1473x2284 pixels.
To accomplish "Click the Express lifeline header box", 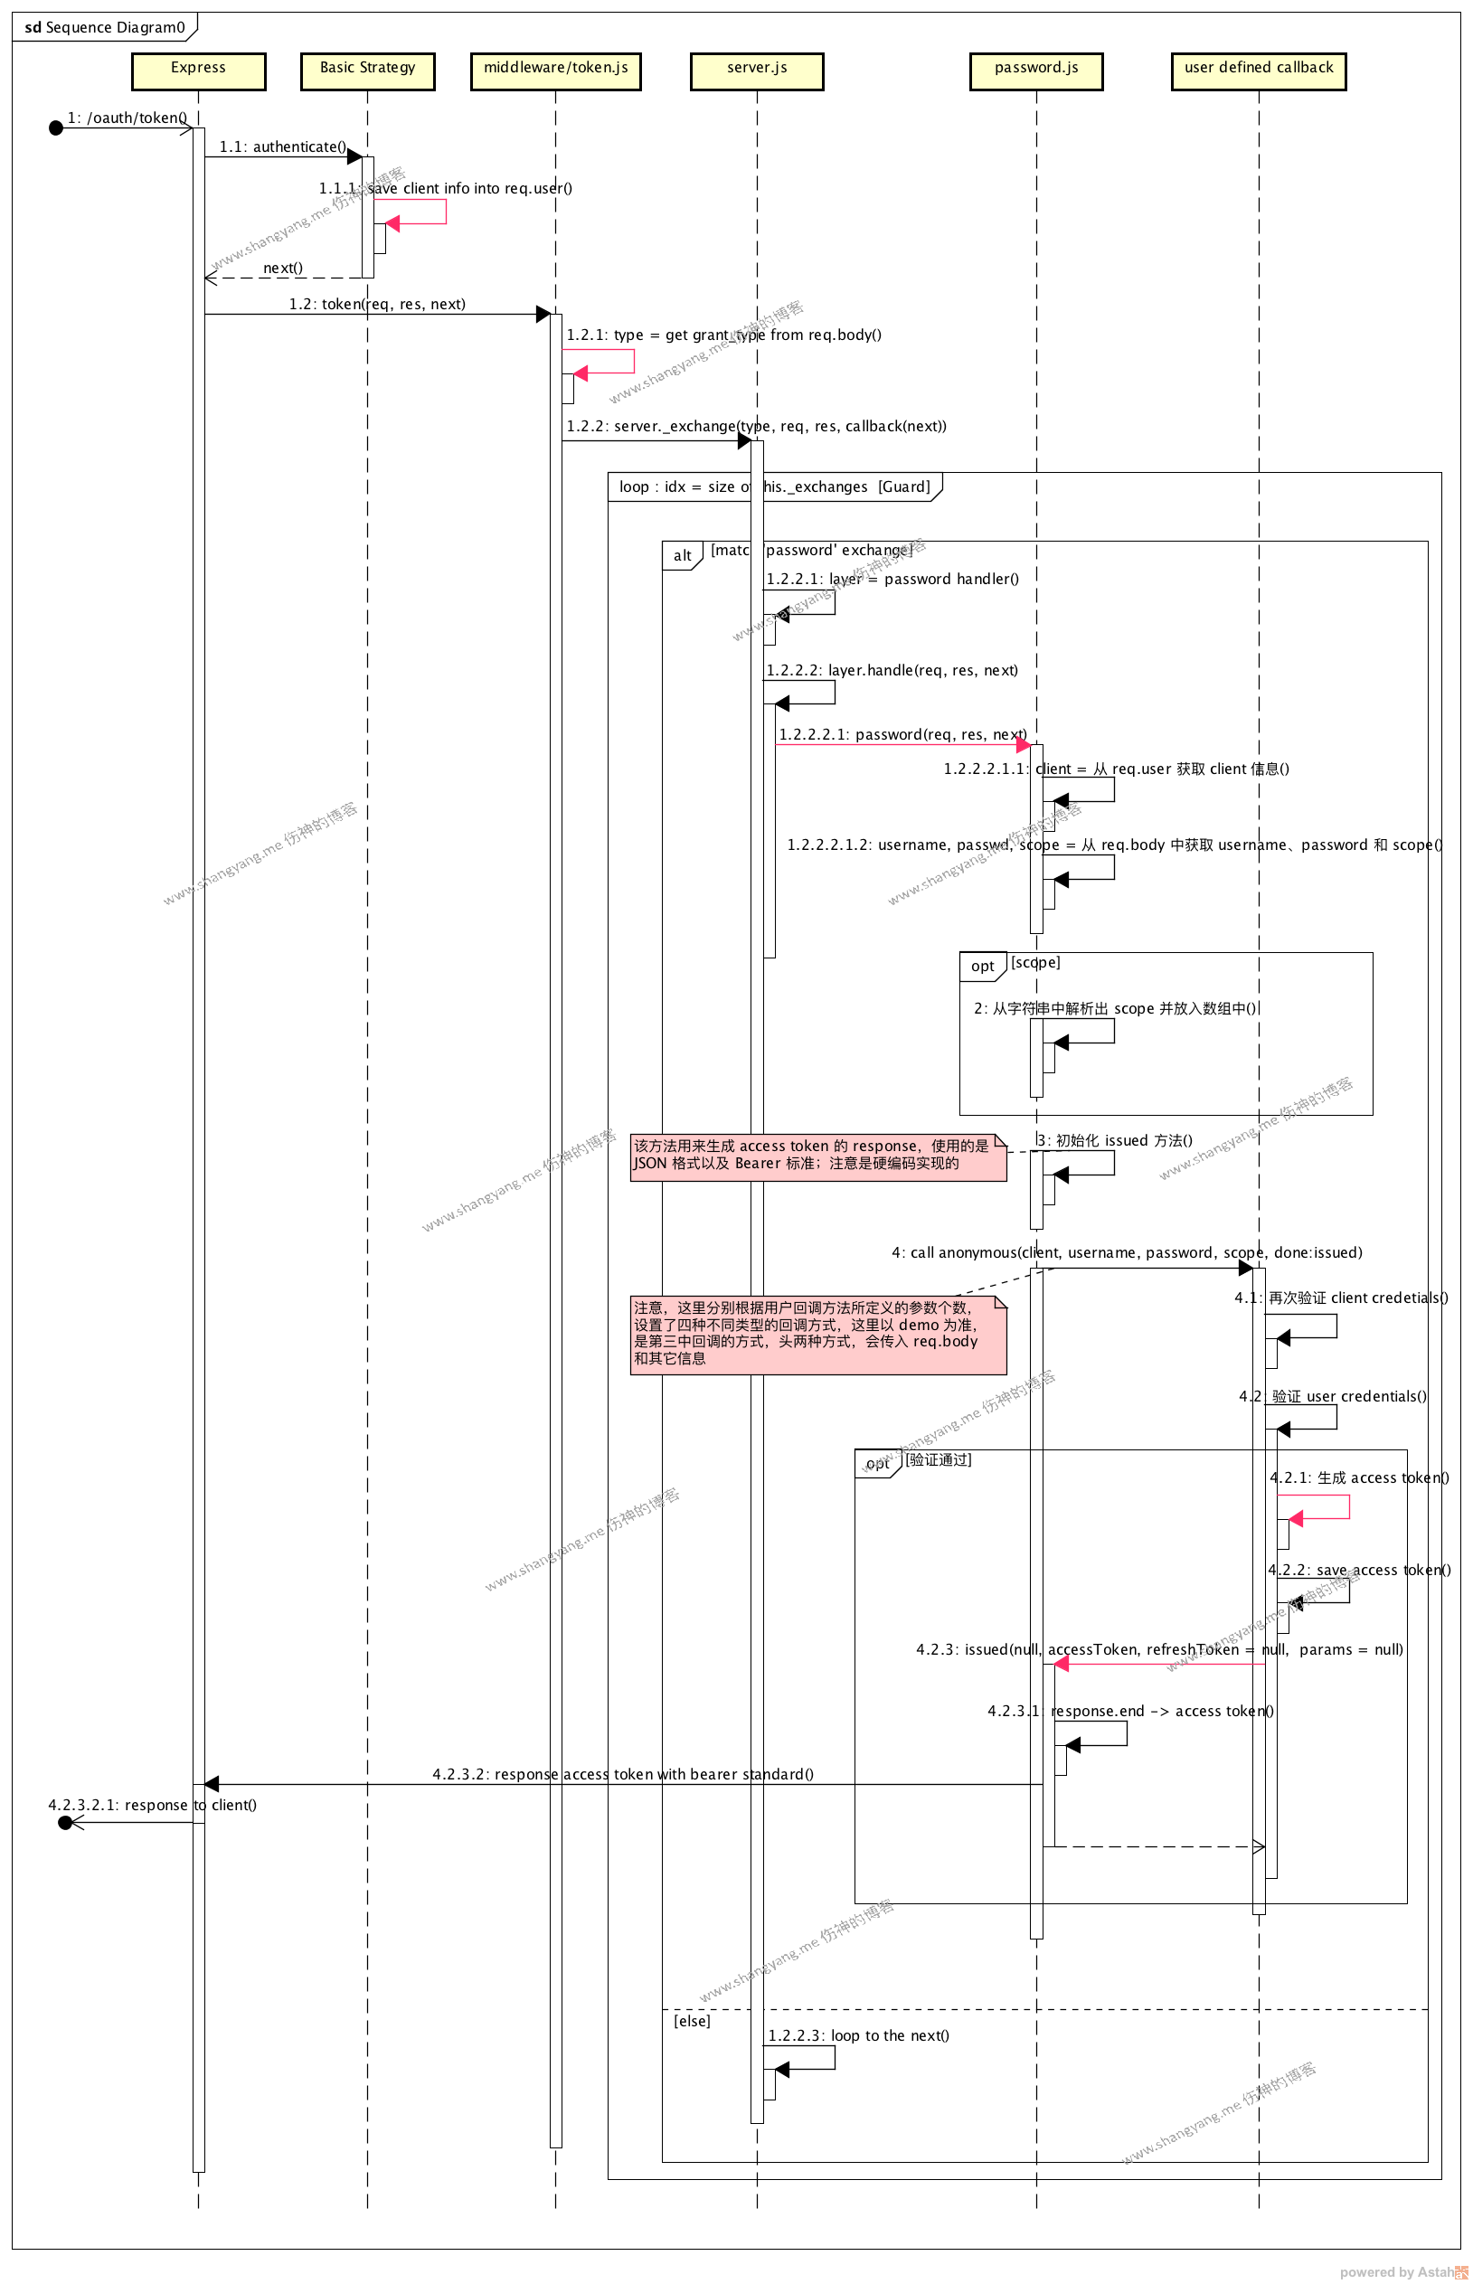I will (x=198, y=71).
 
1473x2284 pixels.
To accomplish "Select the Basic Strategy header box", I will (x=367, y=71).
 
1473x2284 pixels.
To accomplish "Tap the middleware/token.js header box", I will (x=556, y=71).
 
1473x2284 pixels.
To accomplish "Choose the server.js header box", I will (x=757, y=71).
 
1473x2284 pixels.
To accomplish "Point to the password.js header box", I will (x=1036, y=71).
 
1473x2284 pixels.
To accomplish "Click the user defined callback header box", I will (x=1258, y=71).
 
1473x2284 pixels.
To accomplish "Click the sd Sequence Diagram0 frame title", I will (x=104, y=28).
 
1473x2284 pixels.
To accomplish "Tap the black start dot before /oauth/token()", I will (x=55, y=128).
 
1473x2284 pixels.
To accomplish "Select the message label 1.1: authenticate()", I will (x=282, y=146).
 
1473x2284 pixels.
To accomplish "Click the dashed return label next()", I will (x=283, y=268).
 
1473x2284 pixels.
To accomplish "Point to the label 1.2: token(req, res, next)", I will (x=377, y=304).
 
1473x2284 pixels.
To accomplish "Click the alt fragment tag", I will (x=682, y=556).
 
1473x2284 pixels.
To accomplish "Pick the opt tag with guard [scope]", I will (x=982, y=966).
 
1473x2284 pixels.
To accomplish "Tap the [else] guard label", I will (x=692, y=2020).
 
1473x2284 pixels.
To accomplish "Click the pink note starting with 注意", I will (x=817, y=1335).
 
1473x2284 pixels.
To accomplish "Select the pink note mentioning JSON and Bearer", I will (x=817, y=1156).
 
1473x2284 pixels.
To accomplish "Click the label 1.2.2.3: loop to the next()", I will (x=858, y=2034).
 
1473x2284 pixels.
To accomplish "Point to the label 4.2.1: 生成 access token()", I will (x=1358, y=1477).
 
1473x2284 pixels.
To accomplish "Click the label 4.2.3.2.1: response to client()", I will (x=152, y=1805).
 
